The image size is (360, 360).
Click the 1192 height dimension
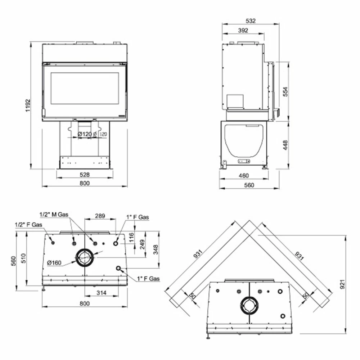28,105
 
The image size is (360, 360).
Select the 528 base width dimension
85,175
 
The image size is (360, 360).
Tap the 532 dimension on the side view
251,21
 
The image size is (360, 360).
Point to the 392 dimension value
243,30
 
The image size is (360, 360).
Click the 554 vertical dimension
285,91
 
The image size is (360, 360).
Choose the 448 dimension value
285,145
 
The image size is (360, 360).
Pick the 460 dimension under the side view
244,176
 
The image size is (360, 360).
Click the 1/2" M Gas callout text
54,215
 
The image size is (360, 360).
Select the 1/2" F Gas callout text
28,225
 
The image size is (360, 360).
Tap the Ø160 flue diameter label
54,263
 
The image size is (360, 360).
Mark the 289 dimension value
100,216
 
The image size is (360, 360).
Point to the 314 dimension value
101,293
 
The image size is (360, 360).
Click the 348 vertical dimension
156,249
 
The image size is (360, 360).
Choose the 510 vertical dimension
23,258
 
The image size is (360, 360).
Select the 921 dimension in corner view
342,284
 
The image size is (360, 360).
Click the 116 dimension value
131,237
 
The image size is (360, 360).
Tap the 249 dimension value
142,244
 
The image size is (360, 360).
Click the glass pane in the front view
85,89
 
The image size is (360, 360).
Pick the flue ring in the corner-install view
249,305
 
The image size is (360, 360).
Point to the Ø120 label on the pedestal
85,134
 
